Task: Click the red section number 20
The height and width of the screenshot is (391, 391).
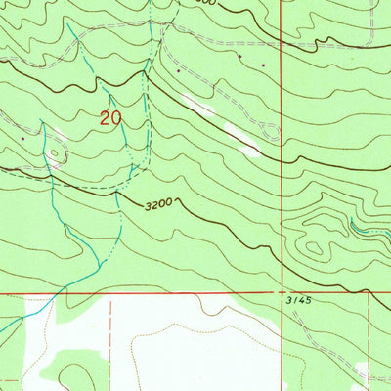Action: click(x=111, y=118)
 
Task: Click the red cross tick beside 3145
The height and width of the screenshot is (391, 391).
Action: click(x=281, y=292)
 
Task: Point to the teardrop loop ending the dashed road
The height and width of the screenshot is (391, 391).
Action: click(x=271, y=129)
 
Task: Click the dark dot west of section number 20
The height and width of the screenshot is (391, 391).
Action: click(x=23, y=139)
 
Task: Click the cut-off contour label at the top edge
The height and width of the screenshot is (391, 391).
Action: click(x=229, y=3)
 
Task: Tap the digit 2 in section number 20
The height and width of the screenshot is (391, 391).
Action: click(x=107, y=118)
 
